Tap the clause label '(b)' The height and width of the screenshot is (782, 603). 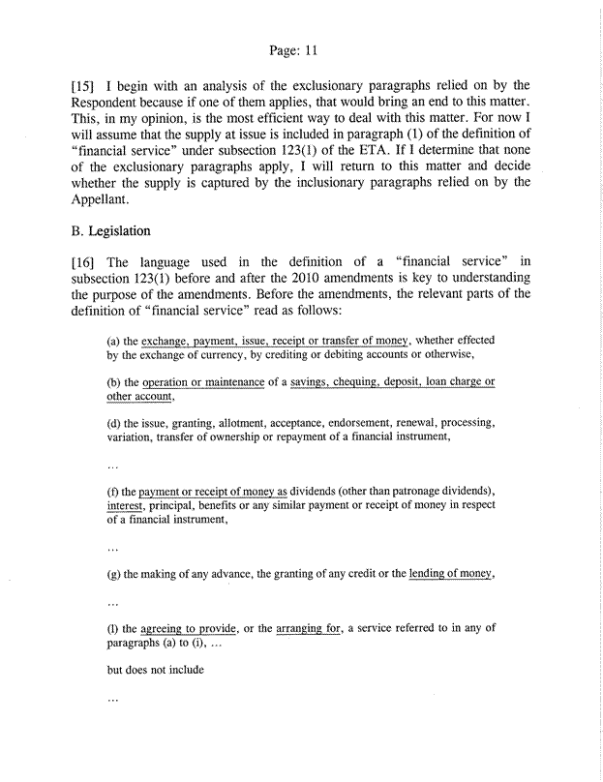tap(113, 382)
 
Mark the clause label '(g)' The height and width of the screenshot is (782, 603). tap(113, 577)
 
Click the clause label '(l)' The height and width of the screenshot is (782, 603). tap(112, 627)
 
